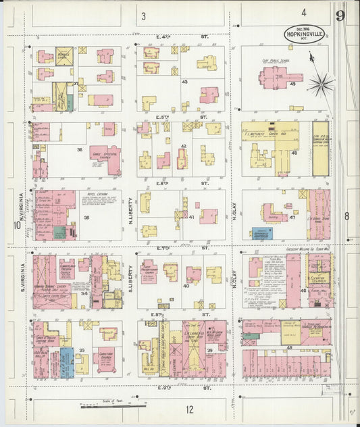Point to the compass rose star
click(x=321, y=84)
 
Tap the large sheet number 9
click(x=340, y=16)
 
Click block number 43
click(x=184, y=82)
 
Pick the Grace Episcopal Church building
click(x=105, y=157)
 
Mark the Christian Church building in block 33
click(x=106, y=359)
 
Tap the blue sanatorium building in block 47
click(x=262, y=233)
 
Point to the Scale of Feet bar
click(x=111, y=406)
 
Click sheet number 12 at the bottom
click(x=190, y=409)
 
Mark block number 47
click(x=292, y=218)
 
